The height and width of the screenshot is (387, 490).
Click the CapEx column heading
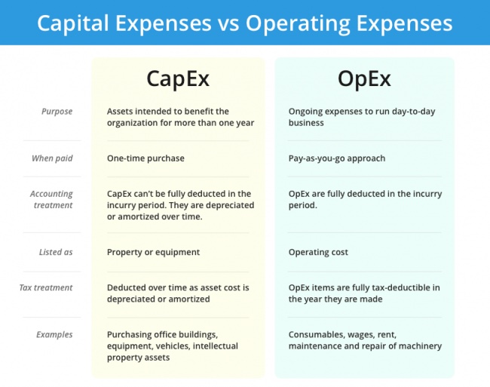178,79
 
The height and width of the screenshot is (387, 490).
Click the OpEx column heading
364,79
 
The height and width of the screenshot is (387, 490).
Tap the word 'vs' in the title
228,23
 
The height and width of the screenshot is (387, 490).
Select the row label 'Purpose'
57,112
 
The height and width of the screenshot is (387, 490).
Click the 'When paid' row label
52,158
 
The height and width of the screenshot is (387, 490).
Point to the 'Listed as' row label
56,252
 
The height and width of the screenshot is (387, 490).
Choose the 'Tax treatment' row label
46,287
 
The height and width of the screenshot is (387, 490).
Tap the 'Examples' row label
54,334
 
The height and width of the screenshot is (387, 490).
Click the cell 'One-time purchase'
145,158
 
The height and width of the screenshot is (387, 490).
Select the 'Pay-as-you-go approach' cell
337,158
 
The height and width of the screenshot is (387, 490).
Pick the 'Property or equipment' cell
153,252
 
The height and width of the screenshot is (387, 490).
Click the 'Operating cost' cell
318,252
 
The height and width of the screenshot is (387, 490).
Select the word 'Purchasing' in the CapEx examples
130,335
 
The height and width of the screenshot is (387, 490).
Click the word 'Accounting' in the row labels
51,194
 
